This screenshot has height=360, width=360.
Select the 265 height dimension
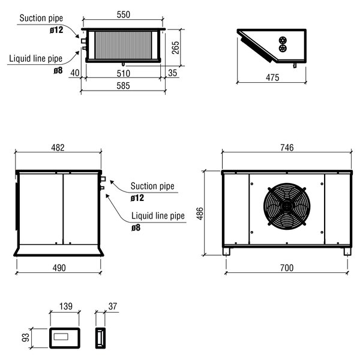tap(175, 47)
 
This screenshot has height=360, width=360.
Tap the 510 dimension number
tap(123, 73)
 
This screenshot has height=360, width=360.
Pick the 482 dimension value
tap(58, 148)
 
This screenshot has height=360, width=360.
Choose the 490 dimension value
tap(58, 267)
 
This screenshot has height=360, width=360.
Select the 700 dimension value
tap(286, 267)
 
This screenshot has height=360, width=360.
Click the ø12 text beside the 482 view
tap(137, 197)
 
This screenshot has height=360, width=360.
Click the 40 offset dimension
tap(74, 73)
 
